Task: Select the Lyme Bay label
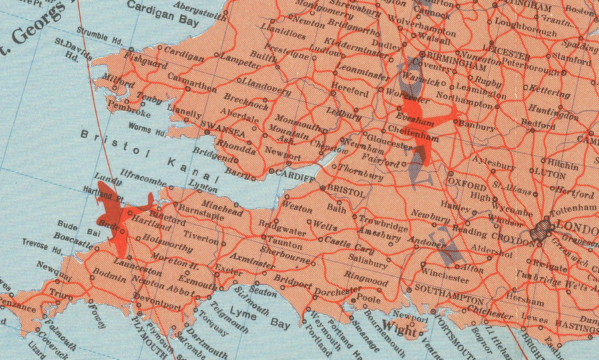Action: click(259, 318)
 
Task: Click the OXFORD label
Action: click(467, 180)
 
